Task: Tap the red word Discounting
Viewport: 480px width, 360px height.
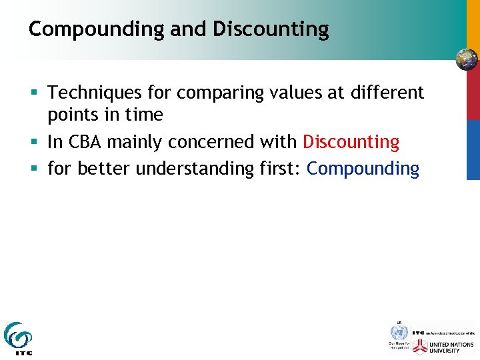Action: tap(351, 142)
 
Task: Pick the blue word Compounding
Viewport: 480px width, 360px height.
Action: tap(363, 169)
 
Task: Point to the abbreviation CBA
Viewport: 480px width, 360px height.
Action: tap(84, 142)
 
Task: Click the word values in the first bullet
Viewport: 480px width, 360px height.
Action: tap(284, 93)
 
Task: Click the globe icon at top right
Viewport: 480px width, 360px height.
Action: tap(467, 59)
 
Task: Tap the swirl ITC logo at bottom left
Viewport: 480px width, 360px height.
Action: tap(17, 337)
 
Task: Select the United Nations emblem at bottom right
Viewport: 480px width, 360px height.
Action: tap(399, 332)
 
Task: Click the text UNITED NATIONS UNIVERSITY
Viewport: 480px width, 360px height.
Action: tap(452, 346)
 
